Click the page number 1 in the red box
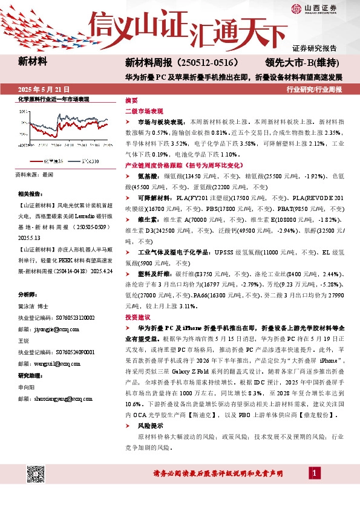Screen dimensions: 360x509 tap(315, 472)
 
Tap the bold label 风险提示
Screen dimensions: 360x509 tap(151, 426)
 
